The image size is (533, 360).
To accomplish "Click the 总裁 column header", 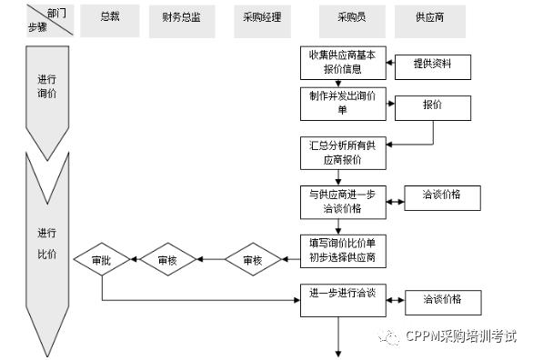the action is coord(110,21).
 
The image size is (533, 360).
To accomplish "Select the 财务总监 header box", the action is coord(182,21).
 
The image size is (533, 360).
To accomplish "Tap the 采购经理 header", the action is coord(262,21).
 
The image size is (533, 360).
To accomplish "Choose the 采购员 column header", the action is coord(352,21).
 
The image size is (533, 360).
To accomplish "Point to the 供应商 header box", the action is coord(429,21).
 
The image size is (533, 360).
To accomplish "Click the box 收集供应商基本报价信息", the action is coord(343,63).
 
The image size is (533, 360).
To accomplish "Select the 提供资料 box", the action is coord(433,67).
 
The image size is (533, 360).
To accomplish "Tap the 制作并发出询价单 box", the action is coord(343,104).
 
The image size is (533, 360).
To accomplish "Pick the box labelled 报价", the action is coord(433,108).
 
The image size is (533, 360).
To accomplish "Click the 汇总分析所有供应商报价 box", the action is coord(343,153).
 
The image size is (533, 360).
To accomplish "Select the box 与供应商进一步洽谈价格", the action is coord(343,202).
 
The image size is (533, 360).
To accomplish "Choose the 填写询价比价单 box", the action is coord(343,251).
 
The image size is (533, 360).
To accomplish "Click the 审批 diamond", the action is coord(102,259).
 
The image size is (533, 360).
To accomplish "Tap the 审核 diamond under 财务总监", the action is coord(168,259).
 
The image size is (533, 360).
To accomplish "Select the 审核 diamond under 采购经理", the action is coord(253,259).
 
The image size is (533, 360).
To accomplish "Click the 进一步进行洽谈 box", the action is coord(343,300).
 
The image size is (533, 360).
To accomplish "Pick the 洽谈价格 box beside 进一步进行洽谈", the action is coord(443,302).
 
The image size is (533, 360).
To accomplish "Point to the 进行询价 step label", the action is coord(47,86).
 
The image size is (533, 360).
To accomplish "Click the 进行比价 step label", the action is coord(47,243).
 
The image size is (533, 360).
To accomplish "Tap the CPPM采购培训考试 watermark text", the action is coord(461,335).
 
